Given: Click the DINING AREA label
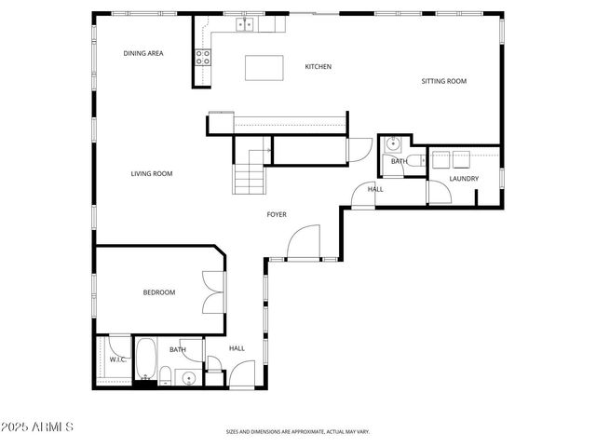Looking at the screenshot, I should (x=143, y=54).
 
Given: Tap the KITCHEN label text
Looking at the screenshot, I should (x=318, y=67).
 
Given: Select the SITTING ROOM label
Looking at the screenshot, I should (x=443, y=81).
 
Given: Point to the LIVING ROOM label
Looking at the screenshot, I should (x=151, y=174).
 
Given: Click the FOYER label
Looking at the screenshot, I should (x=277, y=215).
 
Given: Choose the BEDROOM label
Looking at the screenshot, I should (x=158, y=292).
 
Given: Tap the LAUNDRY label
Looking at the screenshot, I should (x=464, y=179).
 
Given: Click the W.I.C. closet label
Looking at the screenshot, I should (x=117, y=359).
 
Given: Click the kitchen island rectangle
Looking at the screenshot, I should (x=264, y=68).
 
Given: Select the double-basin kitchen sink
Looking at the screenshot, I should (x=246, y=25).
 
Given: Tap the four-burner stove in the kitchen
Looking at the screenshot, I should (x=203, y=57).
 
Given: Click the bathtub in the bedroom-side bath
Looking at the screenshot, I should (x=145, y=360).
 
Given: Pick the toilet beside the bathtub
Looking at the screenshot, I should (x=165, y=376).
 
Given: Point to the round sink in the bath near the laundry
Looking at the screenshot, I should (x=393, y=143).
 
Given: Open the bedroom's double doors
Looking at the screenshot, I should (x=213, y=291).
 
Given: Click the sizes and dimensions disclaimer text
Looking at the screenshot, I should (x=297, y=432).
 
